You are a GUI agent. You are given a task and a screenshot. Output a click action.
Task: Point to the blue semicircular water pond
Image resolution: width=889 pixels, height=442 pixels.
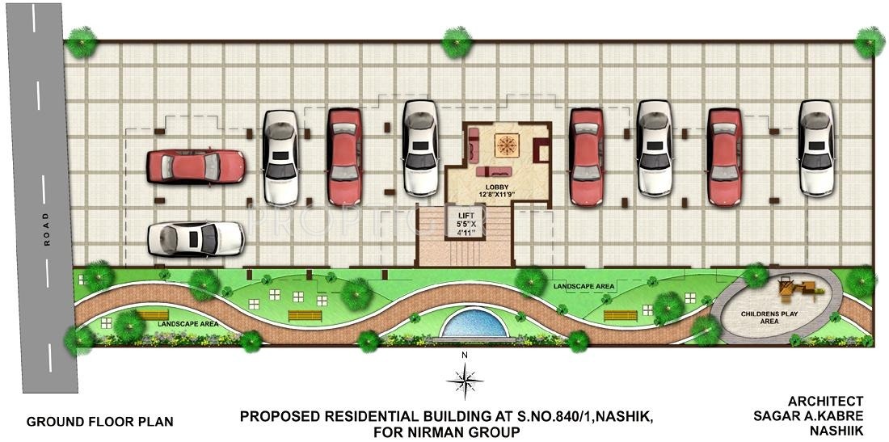(x=475, y=325)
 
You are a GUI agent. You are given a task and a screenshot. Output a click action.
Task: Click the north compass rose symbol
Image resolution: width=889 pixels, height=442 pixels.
(x=465, y=377)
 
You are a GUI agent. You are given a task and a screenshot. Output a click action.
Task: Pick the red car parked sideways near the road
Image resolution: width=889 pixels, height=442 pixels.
(x=195, y=166)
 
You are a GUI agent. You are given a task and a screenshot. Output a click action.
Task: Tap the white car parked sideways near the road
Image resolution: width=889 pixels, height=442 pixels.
(x=196, y=238)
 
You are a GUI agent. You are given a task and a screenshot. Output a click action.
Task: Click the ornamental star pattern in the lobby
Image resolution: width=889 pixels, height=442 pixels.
(x=506, y=145)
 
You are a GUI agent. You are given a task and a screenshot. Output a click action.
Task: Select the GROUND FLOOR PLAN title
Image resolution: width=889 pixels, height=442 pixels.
(x=99, y=422)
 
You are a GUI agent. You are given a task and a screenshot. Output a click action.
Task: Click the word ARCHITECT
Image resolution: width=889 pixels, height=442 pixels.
(x=825, y=401)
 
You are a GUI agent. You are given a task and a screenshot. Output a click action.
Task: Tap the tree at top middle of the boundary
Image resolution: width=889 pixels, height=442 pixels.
(x=456, y=40)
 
